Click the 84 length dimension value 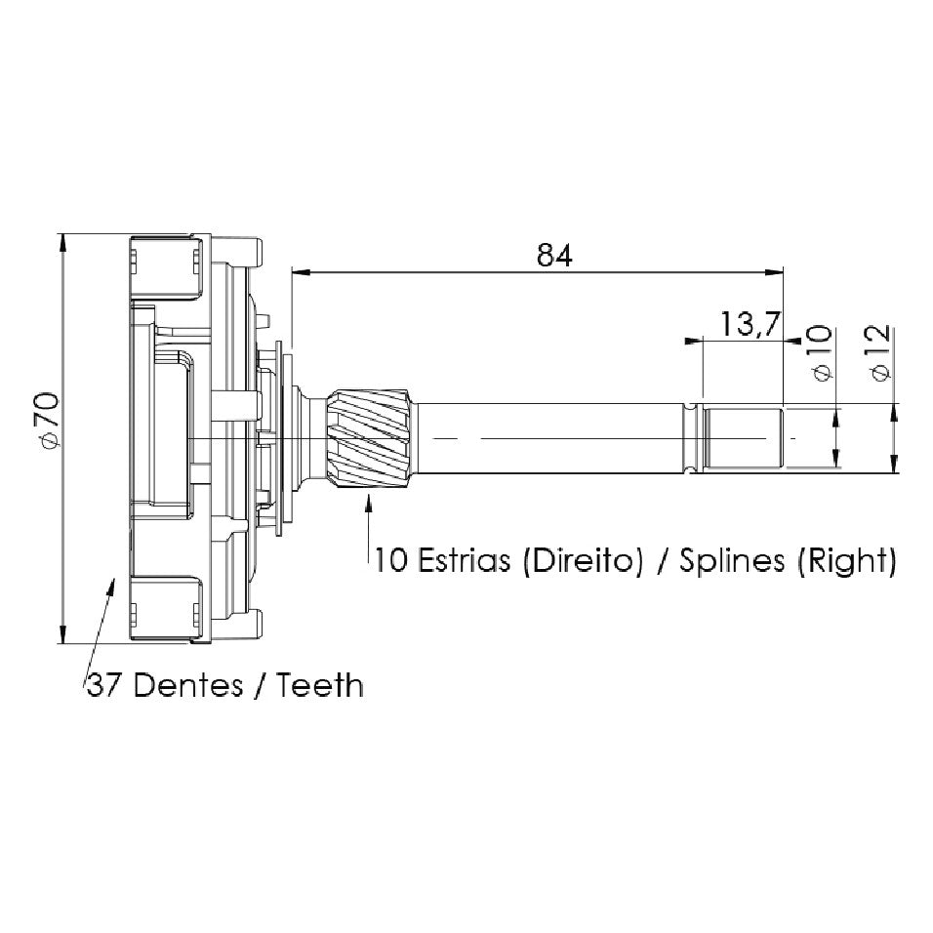click(554, 255)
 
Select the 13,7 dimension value click(750, 324)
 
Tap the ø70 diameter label click(48, 420)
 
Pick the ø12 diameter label click(878, 352)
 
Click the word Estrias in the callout click(464, 560)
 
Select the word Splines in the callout click(732, 560)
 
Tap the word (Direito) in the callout click(583, 560)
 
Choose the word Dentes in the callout click(188, 685)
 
